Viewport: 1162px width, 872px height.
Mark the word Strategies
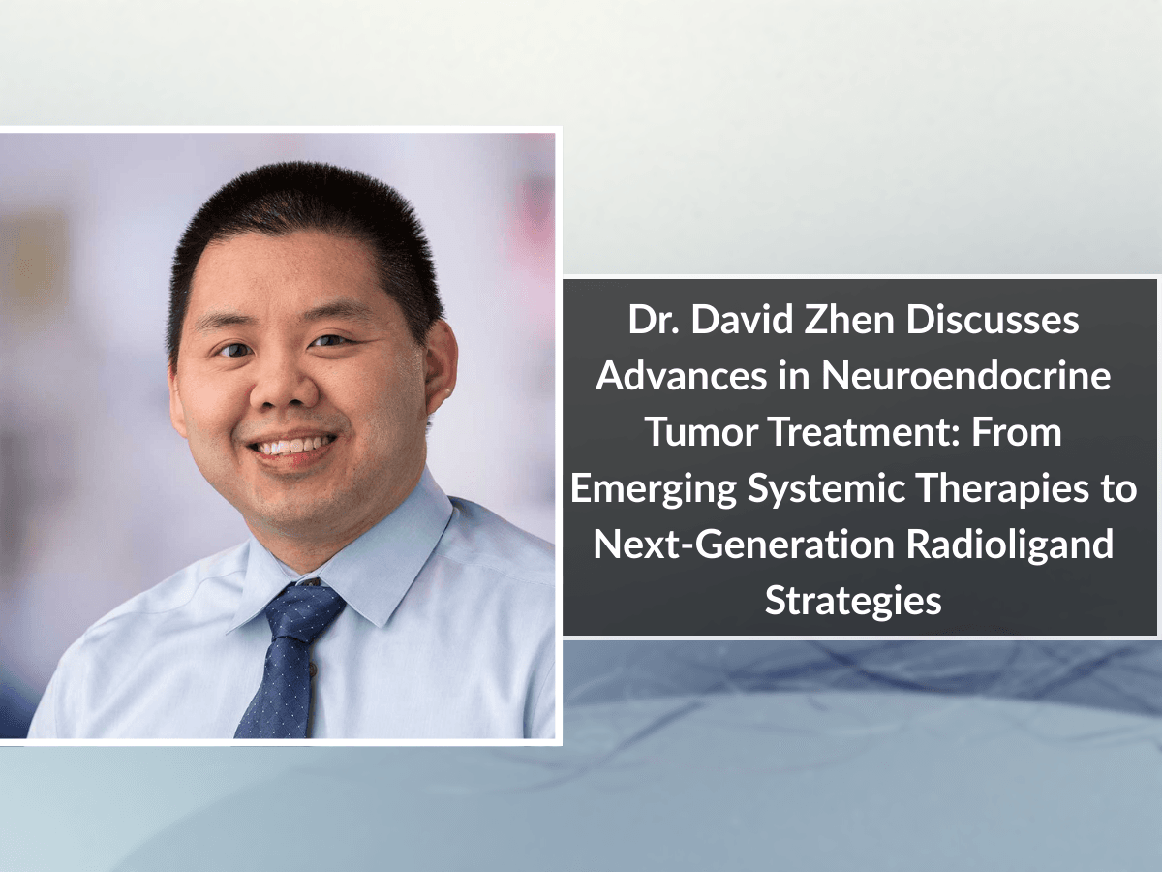pos(853,601)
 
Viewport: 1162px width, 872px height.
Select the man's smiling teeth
pos(291,448)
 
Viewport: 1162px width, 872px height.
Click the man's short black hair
pos(300,208)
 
